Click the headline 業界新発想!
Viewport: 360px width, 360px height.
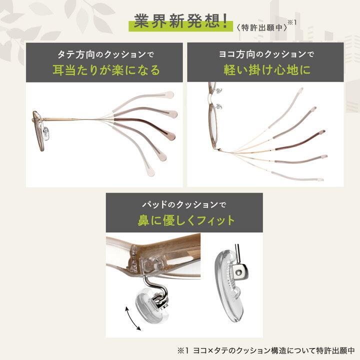point(180,22)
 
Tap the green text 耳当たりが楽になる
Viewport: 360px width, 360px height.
point(106,70)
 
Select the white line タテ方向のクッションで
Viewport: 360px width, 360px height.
point(106,53)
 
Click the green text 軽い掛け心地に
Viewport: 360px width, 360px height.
point(265,70)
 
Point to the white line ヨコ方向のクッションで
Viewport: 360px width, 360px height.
point(265,53)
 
